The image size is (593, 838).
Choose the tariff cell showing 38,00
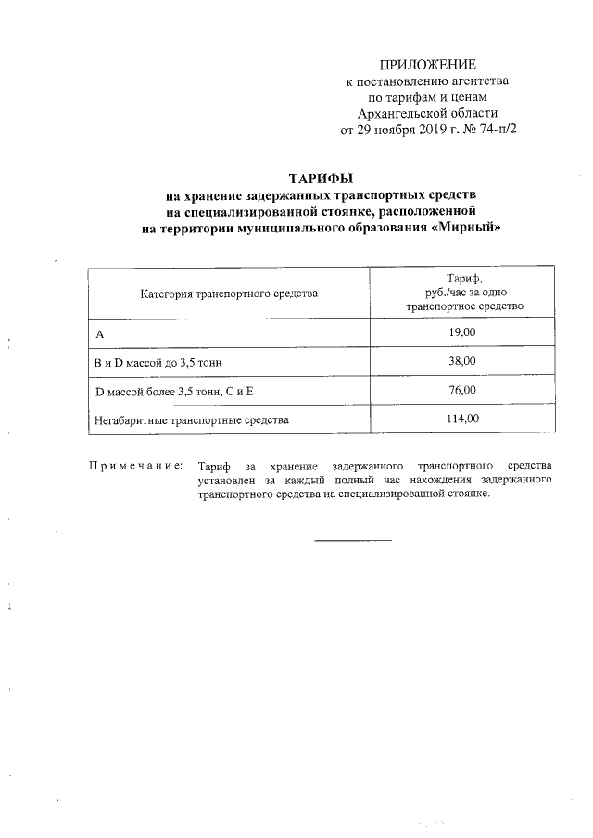pos(461,360)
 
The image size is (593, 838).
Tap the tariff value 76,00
pos(461,390)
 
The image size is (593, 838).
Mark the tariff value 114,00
pos(461,419)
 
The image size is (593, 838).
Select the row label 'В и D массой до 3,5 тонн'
pos(158,361)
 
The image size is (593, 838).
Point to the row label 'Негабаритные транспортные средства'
pos(192,420)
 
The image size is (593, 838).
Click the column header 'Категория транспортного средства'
pos(229,294)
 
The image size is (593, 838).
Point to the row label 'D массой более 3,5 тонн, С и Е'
pos(174,391)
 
